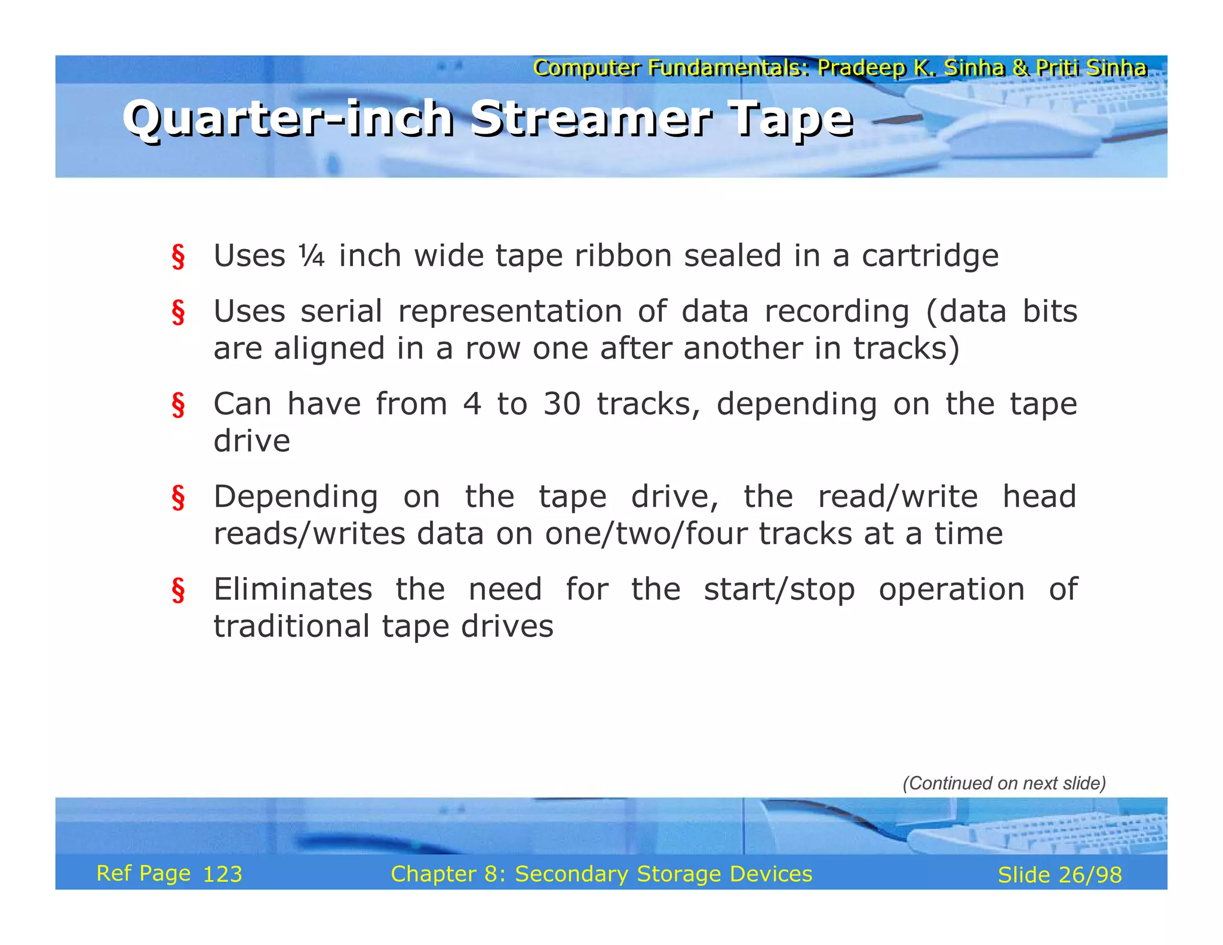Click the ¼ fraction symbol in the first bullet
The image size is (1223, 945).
coord(312,256)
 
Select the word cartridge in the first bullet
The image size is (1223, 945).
coord(930,257)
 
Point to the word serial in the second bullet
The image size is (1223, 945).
coord(341,312)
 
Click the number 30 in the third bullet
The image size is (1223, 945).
coord(561,404)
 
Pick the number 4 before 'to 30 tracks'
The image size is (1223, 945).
coord(472,404)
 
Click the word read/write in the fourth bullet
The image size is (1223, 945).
coord(898,498)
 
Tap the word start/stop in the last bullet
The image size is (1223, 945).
coord(779,590)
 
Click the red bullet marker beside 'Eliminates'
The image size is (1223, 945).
coord(178,590)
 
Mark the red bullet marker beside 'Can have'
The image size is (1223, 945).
coord(178,405)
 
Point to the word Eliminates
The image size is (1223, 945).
coord(293,590)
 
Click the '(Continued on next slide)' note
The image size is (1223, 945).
coord(1004,783)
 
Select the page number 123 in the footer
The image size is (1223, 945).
coord(222,875)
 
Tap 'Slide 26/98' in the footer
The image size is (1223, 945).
coord(1059,875)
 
